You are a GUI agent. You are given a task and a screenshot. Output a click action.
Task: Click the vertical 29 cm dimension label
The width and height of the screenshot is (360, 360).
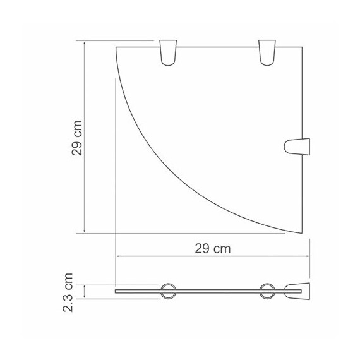[76, 138]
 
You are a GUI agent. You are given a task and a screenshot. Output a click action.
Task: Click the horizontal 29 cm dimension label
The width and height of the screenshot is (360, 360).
[213, 249]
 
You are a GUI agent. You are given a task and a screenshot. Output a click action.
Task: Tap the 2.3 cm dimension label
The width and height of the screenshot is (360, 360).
[68, 292]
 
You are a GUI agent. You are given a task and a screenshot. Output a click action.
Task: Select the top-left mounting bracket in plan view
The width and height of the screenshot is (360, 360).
[168, 52]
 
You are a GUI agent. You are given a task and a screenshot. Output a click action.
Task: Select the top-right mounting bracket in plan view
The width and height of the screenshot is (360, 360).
[267, 52]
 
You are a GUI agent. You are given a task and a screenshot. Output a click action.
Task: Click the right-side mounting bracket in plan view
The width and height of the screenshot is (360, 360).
[297, 147]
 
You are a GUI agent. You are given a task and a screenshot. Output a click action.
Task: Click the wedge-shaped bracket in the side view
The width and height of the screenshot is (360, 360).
[297, 291]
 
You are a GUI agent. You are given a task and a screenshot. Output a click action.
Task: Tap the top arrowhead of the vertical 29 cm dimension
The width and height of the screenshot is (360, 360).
[85, 43]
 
